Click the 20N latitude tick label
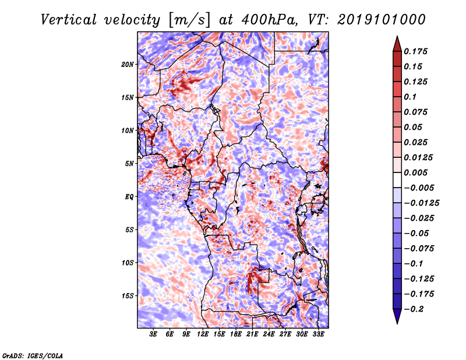[127, 65]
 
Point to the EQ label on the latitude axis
[129, 197]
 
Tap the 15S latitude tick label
[128, 296]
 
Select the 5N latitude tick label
[129, 164]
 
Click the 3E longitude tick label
[153, 334]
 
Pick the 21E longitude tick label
[252, 334]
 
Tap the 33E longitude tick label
[318, 334]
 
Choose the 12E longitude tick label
[203, 334]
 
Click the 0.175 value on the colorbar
[415, 51]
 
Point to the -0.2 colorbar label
[414, 309]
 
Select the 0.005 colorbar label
[415, 172]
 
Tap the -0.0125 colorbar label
[421, 203]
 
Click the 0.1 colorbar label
[410, 97]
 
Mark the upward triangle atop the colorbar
[397, 44]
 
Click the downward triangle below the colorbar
[397, 316]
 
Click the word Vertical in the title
[68, 20]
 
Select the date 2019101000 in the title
[382, 20]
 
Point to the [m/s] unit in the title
[189, 20]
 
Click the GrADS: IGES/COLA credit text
[33, 356]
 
